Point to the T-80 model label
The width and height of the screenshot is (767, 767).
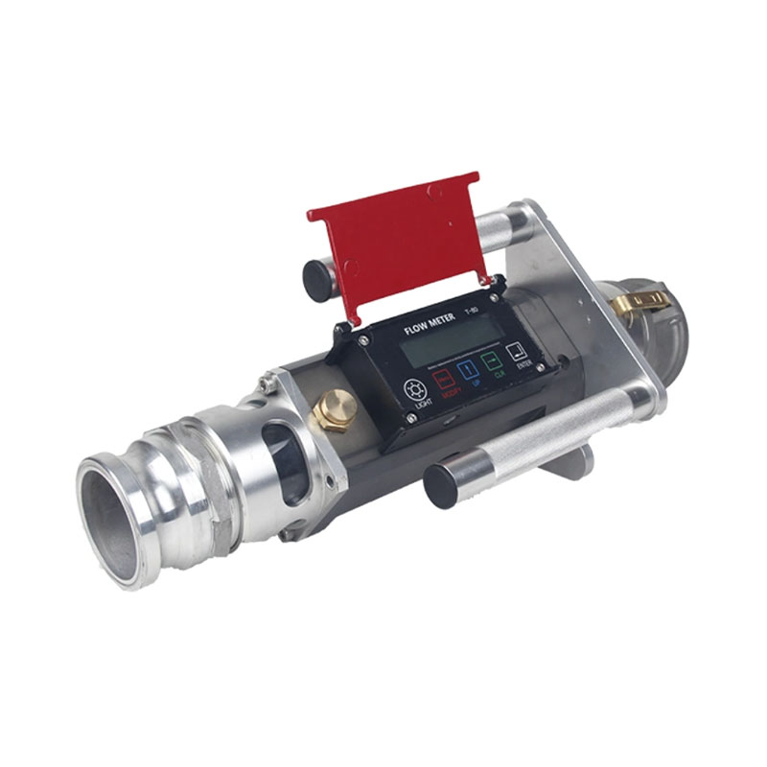tap(472, 310)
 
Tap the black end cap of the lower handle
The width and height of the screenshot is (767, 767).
tap(443, 484)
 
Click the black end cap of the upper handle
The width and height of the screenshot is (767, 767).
tap(319, 278)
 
